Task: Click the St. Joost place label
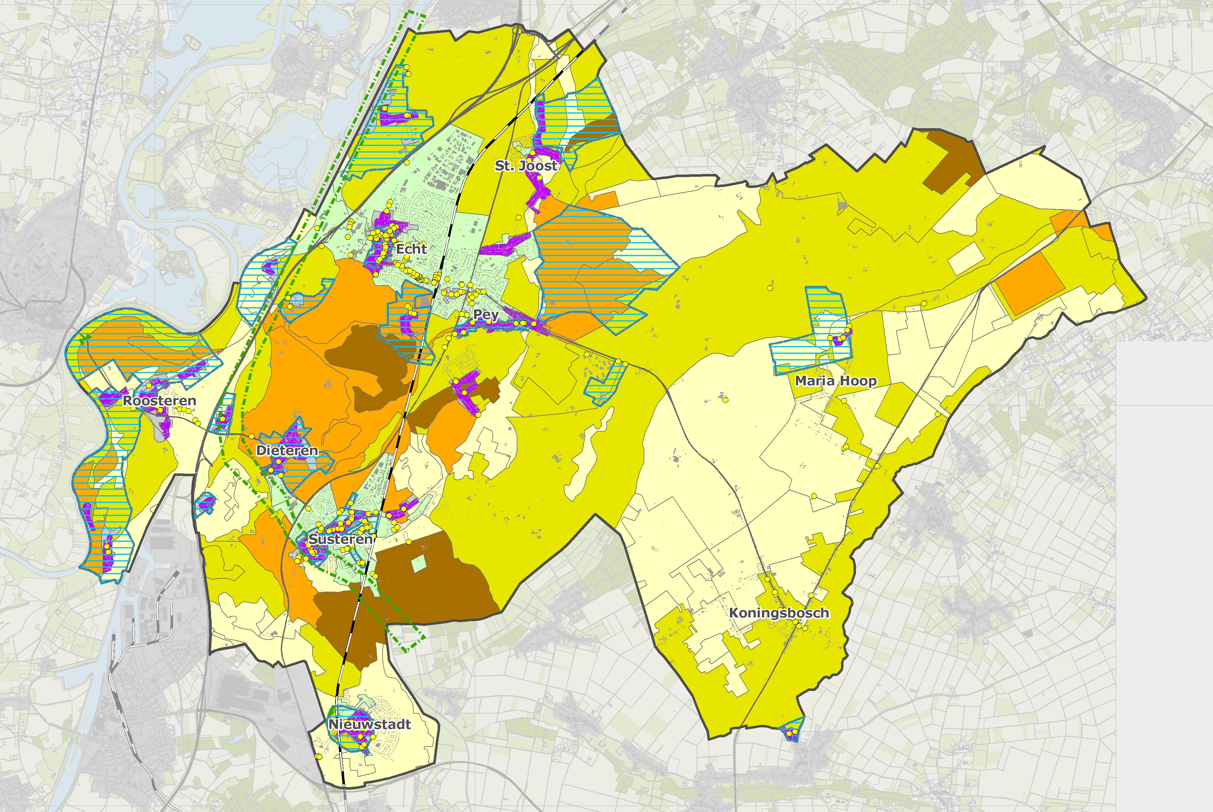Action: [x=526, y=166]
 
